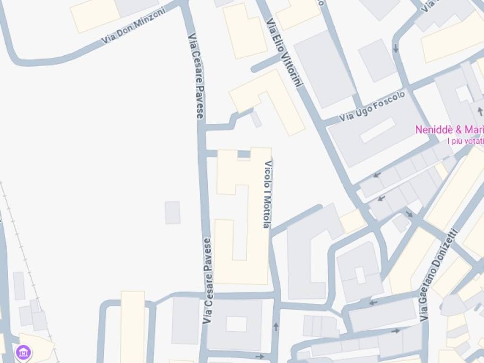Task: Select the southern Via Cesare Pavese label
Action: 207,281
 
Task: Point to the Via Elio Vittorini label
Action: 284,52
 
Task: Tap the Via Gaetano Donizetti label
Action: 438,274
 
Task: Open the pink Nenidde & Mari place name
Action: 449,130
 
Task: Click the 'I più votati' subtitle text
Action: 465,140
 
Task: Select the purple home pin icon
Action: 23,352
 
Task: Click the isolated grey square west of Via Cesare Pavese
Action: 173,212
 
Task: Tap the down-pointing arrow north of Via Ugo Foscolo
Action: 396,48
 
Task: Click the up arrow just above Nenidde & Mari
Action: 480,112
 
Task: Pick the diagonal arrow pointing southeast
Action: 409,214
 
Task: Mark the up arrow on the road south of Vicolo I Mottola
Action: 276,326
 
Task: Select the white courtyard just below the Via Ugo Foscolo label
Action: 378,130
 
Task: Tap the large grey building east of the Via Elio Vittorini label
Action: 324,69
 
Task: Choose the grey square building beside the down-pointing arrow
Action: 377,60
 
